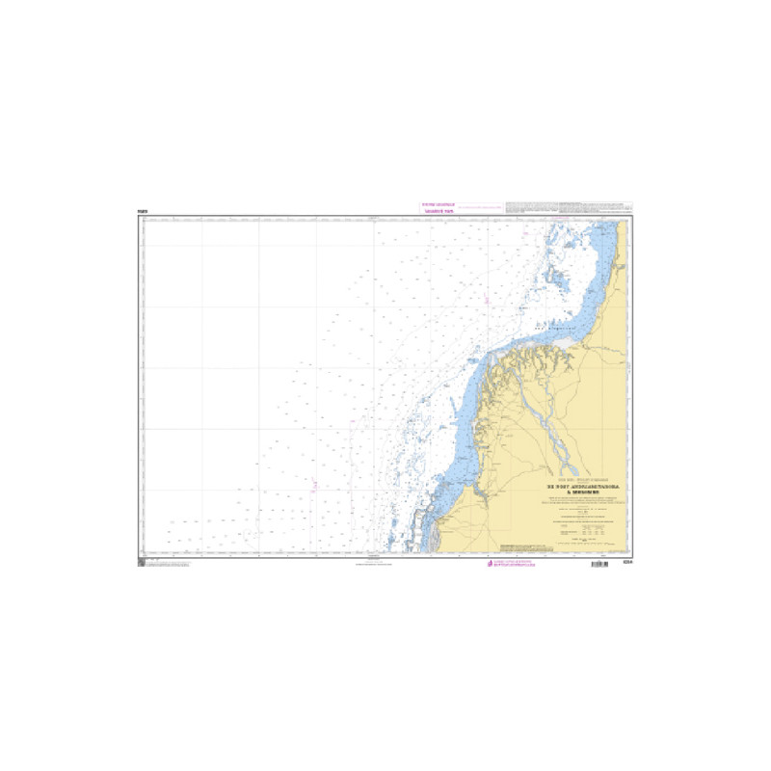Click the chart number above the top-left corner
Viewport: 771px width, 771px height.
point(142,210)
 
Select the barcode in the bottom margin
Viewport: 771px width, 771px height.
point(599,563)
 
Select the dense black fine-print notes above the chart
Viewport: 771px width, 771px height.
point(569,208)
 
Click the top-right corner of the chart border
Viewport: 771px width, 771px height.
point(632,216)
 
